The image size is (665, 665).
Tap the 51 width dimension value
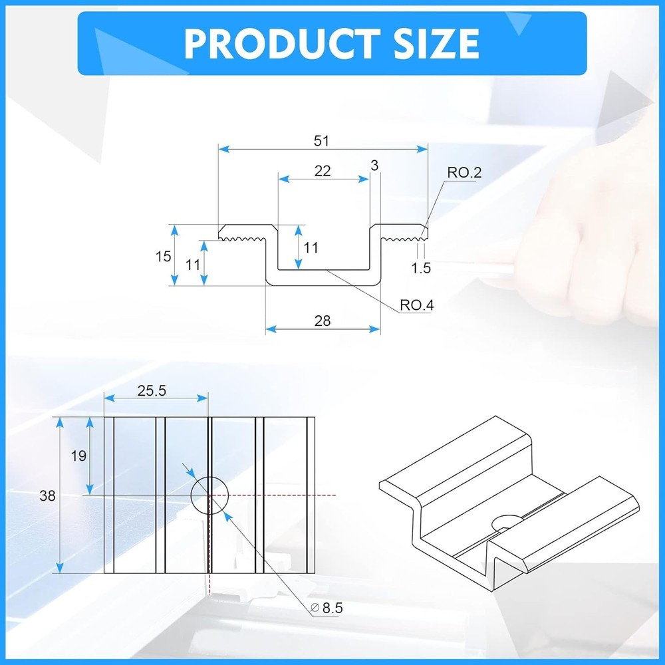pos(322,140)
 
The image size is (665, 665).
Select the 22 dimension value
pos(323,171)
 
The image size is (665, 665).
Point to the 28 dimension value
pos(323,321)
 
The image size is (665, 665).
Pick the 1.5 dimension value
pos(421,268)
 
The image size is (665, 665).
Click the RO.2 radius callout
pos(464,173)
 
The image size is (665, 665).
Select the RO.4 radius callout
pos(417,305)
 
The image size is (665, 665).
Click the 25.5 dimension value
pos(152,391)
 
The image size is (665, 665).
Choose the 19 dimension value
pos(78,456)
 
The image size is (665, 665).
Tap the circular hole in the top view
pos(209,495)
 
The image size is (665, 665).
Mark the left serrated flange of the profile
pos(243,233)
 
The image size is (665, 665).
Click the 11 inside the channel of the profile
pos(311,247)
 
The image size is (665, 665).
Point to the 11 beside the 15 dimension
pos(193,264)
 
